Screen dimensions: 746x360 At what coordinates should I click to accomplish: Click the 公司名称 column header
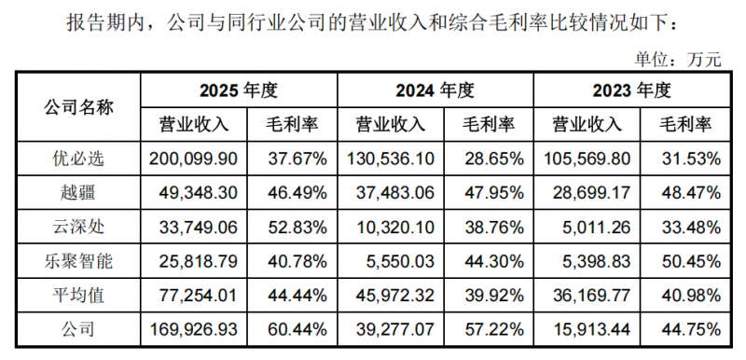(79, 108)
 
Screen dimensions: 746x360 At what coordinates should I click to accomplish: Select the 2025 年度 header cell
(238, 90)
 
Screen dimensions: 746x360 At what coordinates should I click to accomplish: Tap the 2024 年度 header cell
(435, 90)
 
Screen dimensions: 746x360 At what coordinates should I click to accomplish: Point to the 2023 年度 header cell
(631, 90)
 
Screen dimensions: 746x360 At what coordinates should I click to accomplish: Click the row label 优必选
(79, 159)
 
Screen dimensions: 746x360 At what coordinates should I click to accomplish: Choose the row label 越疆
(79, 193)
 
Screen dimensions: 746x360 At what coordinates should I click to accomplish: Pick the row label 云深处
(79, 228)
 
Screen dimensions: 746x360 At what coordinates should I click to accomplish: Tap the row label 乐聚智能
(79, 261)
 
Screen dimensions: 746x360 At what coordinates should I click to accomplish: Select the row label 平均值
(79, 296)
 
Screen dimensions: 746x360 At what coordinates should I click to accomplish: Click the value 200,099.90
(193, 159)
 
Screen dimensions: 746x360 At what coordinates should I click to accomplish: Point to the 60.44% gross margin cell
(297, 329)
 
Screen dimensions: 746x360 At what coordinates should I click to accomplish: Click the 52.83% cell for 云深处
(297, 228)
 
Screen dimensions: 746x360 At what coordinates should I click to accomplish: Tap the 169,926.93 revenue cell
(193, 329)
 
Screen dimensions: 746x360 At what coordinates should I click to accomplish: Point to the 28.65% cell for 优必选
(493, 159)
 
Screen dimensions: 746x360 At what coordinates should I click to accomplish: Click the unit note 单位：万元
(678, 60)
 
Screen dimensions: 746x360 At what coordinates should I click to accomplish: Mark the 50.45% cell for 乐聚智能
(690, 261)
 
